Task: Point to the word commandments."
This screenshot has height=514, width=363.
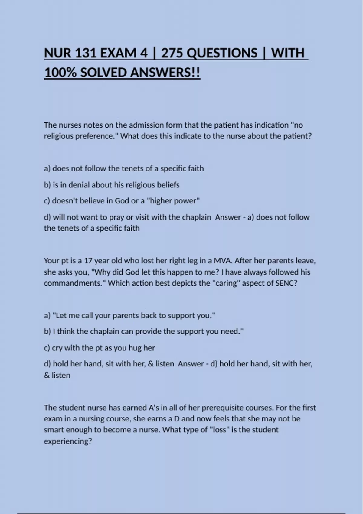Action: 75,283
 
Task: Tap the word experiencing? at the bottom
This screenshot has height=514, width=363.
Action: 68,441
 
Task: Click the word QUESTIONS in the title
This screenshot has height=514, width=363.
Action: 222,53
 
